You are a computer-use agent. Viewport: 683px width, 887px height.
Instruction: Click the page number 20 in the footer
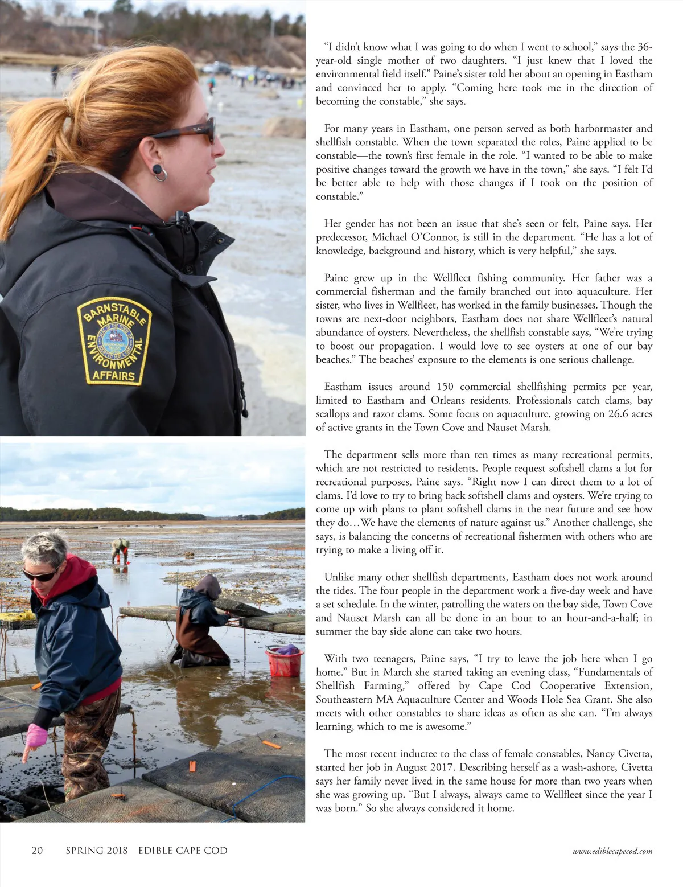point(37,851)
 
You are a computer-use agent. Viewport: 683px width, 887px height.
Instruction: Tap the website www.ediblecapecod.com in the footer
point(612,851)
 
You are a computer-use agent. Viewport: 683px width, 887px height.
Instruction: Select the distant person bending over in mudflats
point(120,550)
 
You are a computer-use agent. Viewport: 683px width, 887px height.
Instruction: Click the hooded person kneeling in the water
point(201,621)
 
